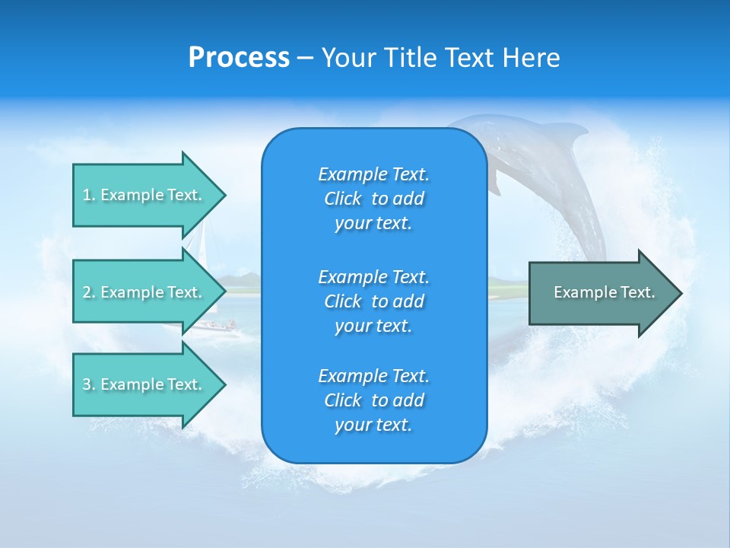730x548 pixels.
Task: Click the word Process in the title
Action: click(239, 58)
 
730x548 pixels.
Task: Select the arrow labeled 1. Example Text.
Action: click(144, 195)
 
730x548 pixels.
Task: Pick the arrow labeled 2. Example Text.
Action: click(144, 292)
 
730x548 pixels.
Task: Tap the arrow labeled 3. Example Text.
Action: click(144, 384)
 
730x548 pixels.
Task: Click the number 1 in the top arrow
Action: click(87, 195)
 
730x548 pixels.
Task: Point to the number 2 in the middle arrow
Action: click(87, 292)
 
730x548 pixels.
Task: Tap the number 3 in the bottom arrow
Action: click(87, 384)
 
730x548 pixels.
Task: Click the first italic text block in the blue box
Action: click(373, 199)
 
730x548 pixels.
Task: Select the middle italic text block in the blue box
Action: click(373, 301)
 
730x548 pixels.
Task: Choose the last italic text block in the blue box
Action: click(373, 400)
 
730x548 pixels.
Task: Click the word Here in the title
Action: click(531, 58)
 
